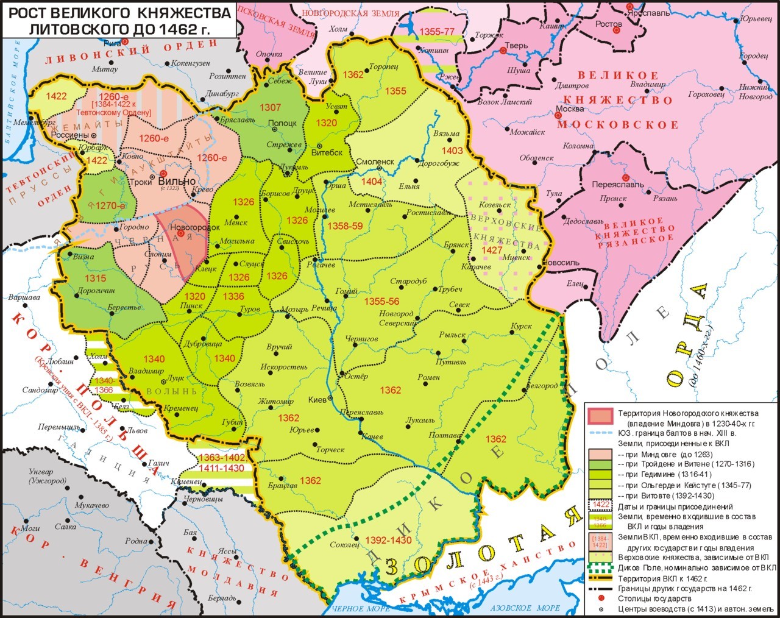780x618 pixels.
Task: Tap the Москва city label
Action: click(x=569, y=108)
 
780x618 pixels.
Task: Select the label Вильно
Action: click(x=176, y=181)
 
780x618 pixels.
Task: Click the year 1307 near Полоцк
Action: click(x=270, y=107)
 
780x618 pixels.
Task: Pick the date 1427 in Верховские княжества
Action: click(x=492, y=250)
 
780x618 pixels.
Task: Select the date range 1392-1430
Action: click(x=388, y=540)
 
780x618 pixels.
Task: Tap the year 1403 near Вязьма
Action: click(x=452, y=151)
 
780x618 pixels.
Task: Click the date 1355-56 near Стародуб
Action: click(x=381, y=302)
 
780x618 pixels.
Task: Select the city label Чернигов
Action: click(x=362, y=338)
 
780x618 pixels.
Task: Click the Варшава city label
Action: click(x=24, y=297)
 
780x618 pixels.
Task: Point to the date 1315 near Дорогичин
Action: click(x=95, y=278)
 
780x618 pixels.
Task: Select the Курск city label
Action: click(x=522, y=326)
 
